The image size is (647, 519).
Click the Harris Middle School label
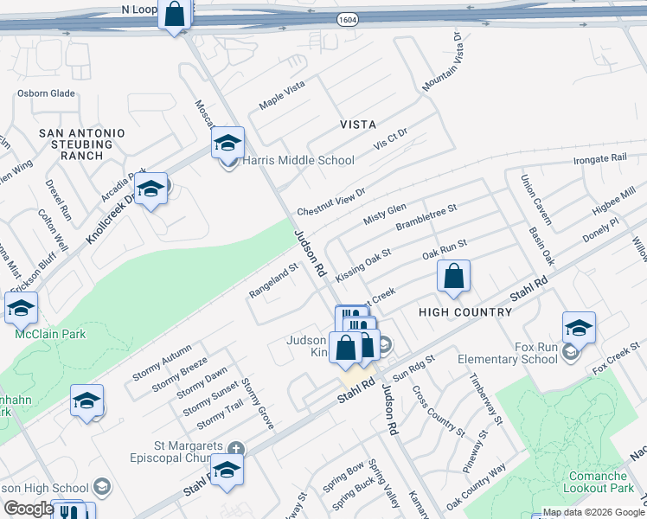coord(298,160)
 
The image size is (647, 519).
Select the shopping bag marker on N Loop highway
coord(175,15)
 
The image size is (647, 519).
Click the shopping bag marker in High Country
coord(453,278)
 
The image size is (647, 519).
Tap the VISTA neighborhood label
coord(357,125)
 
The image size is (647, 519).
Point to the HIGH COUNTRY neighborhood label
coord(465,311)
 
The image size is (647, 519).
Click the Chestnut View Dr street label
coord(331,201)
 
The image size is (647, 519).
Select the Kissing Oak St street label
coord(363,264)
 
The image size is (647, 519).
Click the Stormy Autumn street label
coord(162,363)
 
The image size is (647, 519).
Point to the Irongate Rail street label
coord(599,160)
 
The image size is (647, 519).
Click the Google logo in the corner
coord(28,509)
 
